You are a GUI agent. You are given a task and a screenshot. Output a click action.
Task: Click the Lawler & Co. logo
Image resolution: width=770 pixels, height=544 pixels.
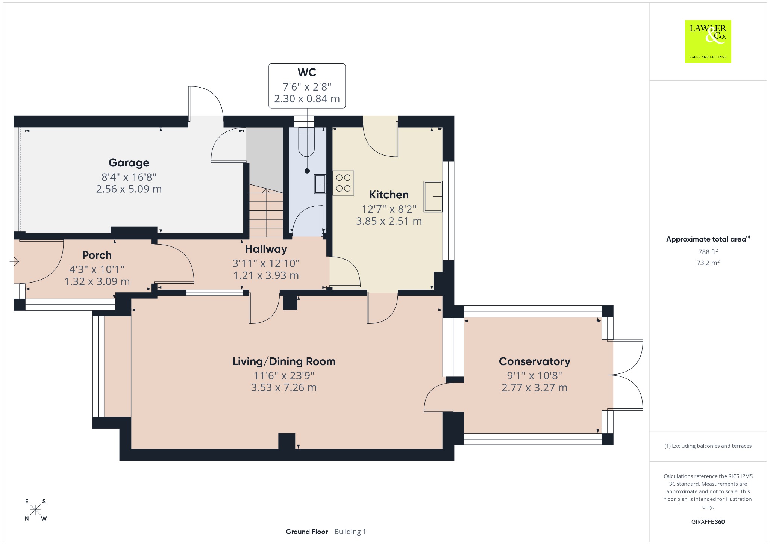pos(708,41)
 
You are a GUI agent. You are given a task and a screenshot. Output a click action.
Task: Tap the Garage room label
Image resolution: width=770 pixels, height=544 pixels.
pos(129,163)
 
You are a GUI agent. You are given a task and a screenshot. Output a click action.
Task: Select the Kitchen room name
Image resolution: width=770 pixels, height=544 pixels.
pos(389,195)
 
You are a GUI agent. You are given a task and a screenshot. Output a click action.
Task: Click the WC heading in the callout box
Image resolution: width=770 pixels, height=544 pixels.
pos(307,72)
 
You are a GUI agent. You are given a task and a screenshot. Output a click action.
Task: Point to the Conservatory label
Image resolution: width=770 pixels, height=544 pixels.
pos(534,361)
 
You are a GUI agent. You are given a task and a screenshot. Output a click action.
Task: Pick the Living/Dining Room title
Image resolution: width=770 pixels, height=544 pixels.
pos(284,361)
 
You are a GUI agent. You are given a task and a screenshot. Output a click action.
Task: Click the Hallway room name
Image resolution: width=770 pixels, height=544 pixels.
pos(266,249)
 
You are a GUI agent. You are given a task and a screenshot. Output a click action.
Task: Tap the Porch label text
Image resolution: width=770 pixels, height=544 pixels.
pos(97,255)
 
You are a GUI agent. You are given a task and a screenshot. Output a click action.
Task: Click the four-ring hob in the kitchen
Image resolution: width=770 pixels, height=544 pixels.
pos(343,183)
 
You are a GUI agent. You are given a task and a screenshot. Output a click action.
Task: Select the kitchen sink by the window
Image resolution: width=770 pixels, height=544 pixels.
pos(433,196)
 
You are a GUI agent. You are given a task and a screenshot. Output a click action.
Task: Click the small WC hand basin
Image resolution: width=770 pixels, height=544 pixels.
pos(320,184)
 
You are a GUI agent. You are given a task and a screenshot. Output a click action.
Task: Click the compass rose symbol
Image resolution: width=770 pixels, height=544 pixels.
pos(36,510)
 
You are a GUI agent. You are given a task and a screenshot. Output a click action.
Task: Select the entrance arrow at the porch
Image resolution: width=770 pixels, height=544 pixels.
pos(14,261)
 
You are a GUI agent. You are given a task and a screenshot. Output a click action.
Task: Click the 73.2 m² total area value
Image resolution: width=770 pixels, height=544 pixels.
pos(708,263)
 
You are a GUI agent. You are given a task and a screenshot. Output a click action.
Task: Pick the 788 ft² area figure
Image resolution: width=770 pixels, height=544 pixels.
pos(708,252)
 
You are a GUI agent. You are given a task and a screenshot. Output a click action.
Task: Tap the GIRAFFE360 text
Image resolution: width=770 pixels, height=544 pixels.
pos(708,521)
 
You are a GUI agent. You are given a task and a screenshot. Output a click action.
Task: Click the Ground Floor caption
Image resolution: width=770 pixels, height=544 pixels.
pos(307,532)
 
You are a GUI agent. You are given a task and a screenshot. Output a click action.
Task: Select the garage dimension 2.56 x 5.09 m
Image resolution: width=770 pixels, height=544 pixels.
pos(129,189)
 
